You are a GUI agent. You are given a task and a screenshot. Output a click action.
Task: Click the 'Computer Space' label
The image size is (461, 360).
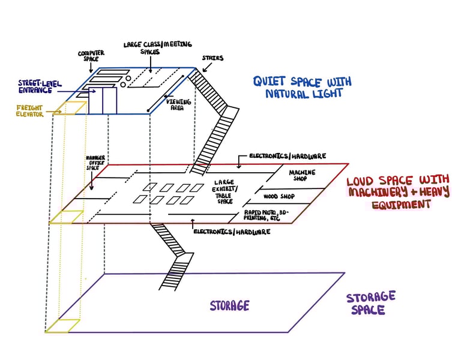point(91,56)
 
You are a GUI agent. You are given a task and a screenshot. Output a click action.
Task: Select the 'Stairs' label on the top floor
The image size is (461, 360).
point(212,58)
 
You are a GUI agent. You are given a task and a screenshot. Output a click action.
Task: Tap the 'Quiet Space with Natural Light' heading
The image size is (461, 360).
point(301,87)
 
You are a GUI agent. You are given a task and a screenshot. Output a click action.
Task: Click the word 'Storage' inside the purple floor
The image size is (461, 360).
point(229,306)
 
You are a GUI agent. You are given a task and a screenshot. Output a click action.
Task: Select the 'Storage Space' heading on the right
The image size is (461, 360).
point(370,302)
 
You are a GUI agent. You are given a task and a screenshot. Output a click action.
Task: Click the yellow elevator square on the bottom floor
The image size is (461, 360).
point(63,325)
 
